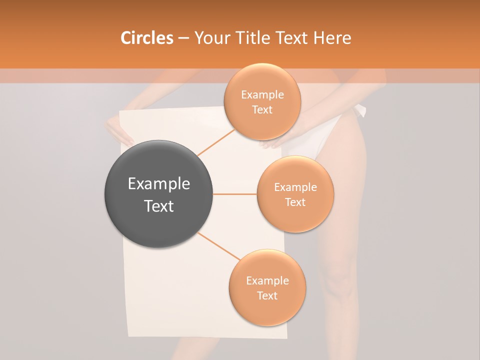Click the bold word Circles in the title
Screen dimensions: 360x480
click(146, 38)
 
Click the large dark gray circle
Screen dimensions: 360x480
click(158, 194)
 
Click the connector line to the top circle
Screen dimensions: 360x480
click(216, 142)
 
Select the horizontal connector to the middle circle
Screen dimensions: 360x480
click(234, 194)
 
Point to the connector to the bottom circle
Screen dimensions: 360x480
click(219, 246)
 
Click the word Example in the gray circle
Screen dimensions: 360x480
click(158, 184)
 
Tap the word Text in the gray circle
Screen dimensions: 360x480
click(158, 206)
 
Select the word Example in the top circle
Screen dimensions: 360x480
click(262, 94)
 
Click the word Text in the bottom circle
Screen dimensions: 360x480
click(267, 295)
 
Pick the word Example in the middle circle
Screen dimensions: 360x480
click(295, 187)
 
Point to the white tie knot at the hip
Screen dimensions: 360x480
click(360, 110)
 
